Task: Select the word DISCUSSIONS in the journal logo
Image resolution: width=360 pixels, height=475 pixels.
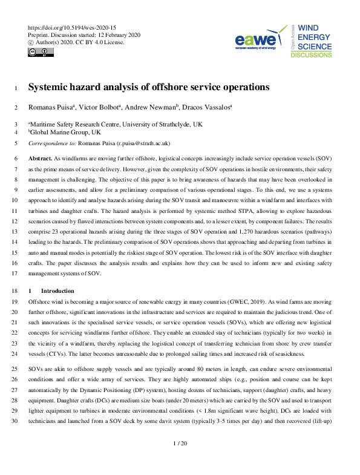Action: tap(312, 55)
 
